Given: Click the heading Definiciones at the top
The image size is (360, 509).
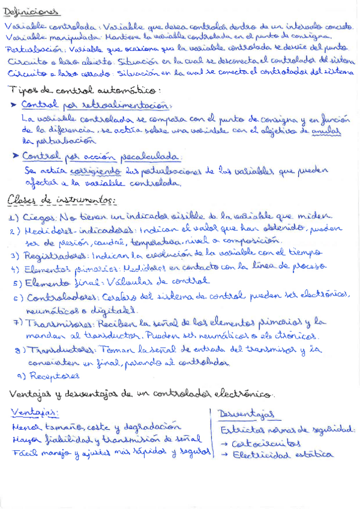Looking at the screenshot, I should click(31, 11).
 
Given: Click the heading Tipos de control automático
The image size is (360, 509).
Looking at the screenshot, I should click(84, 91).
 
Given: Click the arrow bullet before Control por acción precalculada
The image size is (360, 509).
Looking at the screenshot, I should click(15, 156).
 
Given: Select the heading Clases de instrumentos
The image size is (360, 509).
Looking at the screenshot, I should click(62, 200).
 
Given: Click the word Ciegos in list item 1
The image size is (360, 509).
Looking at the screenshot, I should click(37, 217).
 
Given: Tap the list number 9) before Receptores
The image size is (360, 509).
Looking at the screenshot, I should click(22, 376).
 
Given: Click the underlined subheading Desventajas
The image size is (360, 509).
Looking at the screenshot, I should click(247, 414).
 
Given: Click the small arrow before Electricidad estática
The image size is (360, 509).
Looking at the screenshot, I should click(224, 455).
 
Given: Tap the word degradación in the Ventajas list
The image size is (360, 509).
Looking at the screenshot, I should click(151, 427).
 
